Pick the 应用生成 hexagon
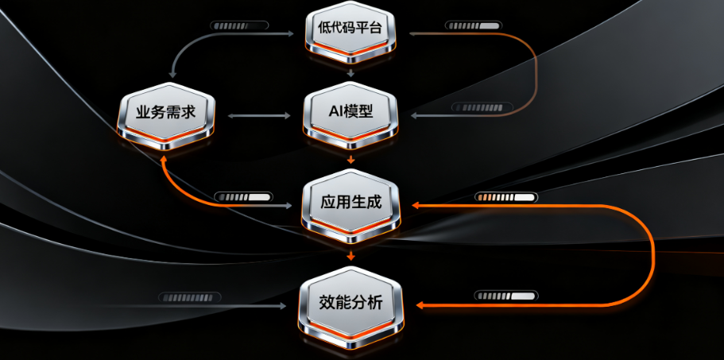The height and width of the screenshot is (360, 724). (350, 203)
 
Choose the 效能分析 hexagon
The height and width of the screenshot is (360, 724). (350, 303)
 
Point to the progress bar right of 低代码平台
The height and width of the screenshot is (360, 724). (474, 25)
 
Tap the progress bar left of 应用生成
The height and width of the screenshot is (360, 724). (242, 196)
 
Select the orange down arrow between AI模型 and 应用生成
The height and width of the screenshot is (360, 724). (350, 160)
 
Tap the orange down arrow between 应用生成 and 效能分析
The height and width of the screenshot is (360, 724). (350, 255)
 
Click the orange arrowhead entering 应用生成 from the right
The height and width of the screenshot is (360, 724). (416, 206)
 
